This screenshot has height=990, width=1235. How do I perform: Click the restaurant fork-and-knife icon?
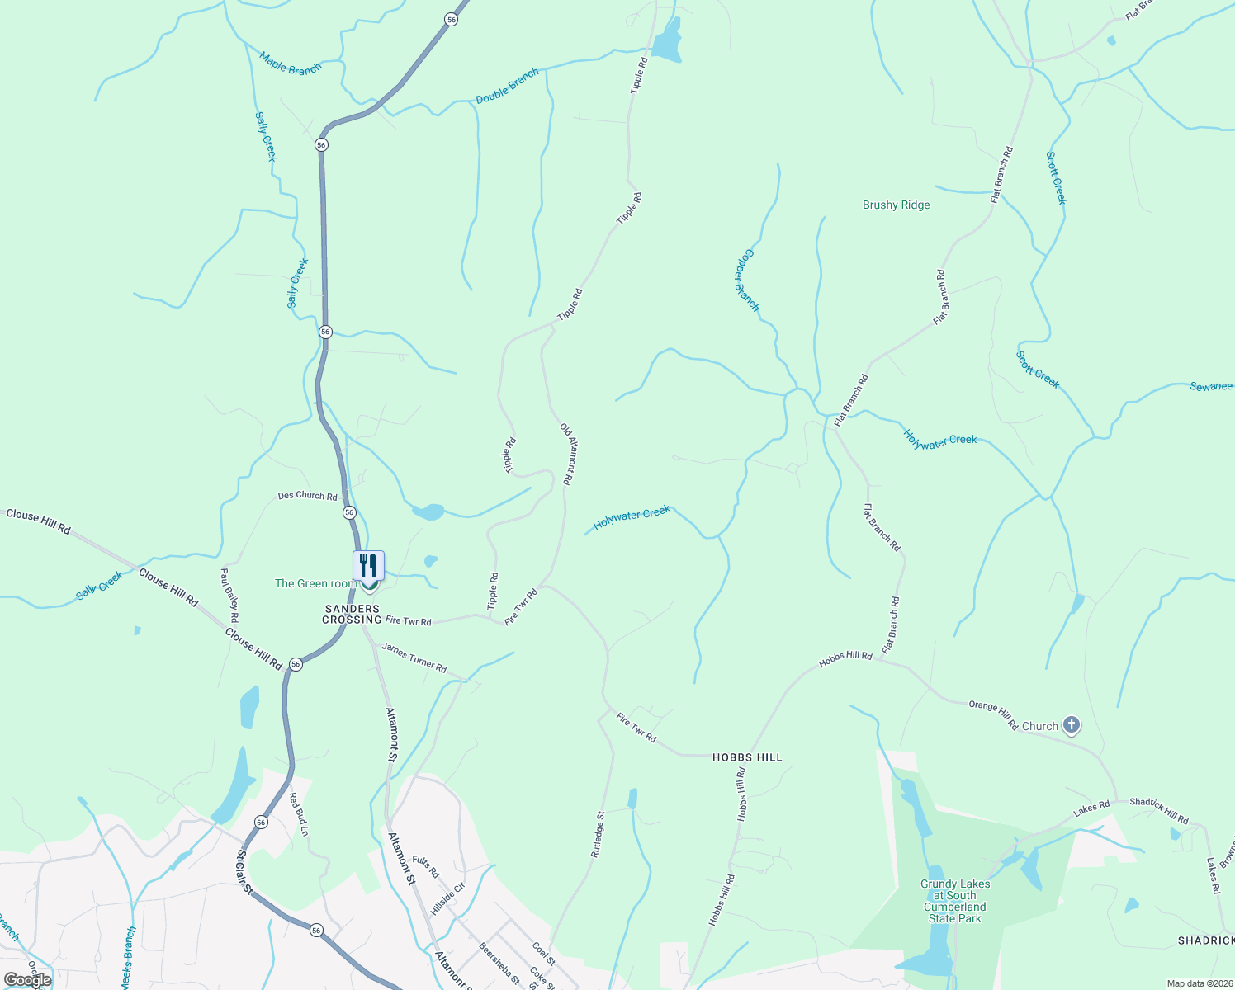click(x=369, y=566)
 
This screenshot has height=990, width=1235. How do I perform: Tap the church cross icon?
click(x=1071, y=726)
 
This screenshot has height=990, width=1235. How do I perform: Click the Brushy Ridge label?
click(x=896, y=205)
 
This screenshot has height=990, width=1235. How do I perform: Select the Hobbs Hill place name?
click(x=747, y=757)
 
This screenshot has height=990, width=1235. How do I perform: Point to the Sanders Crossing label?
click(x=352, y=615)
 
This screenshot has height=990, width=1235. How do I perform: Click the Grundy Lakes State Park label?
click(x=955, y=901)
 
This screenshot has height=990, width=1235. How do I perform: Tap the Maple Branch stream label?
click(x=290, y=64)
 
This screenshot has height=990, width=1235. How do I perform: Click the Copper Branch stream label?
click(x=746, y=280)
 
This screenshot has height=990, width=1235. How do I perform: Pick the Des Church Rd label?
click(x=307, y=496)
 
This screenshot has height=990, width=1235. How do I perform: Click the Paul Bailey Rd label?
click(x=229, y=594)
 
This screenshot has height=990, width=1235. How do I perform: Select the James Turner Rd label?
click(x=414, y=658)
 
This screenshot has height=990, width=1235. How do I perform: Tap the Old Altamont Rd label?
click(x=567, y=454)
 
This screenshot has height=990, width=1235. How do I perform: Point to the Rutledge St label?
click(x=598, y=834)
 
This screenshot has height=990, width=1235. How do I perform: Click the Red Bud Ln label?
click(x=298, y=815)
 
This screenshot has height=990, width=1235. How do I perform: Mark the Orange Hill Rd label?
click(x=993, y=714)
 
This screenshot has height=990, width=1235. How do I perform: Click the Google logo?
click(x=27, y=979)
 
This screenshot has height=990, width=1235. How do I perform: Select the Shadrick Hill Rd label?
click(x=1158, y=810)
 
